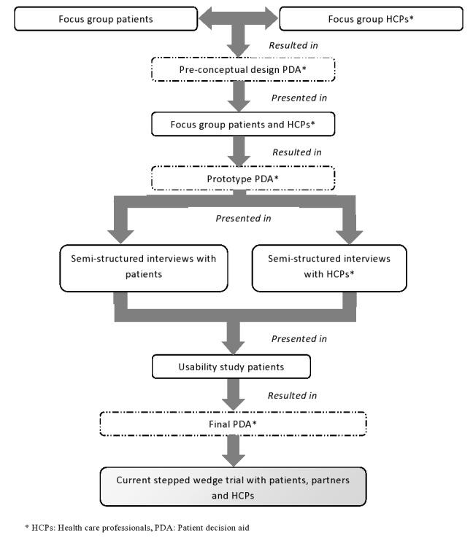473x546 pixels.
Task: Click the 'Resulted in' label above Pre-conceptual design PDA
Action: pos(294,45)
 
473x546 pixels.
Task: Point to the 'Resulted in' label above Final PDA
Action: pos(294,396)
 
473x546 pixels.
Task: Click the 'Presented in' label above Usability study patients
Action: pos(299,339)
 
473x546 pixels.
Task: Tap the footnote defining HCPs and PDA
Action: pos(131,528)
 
